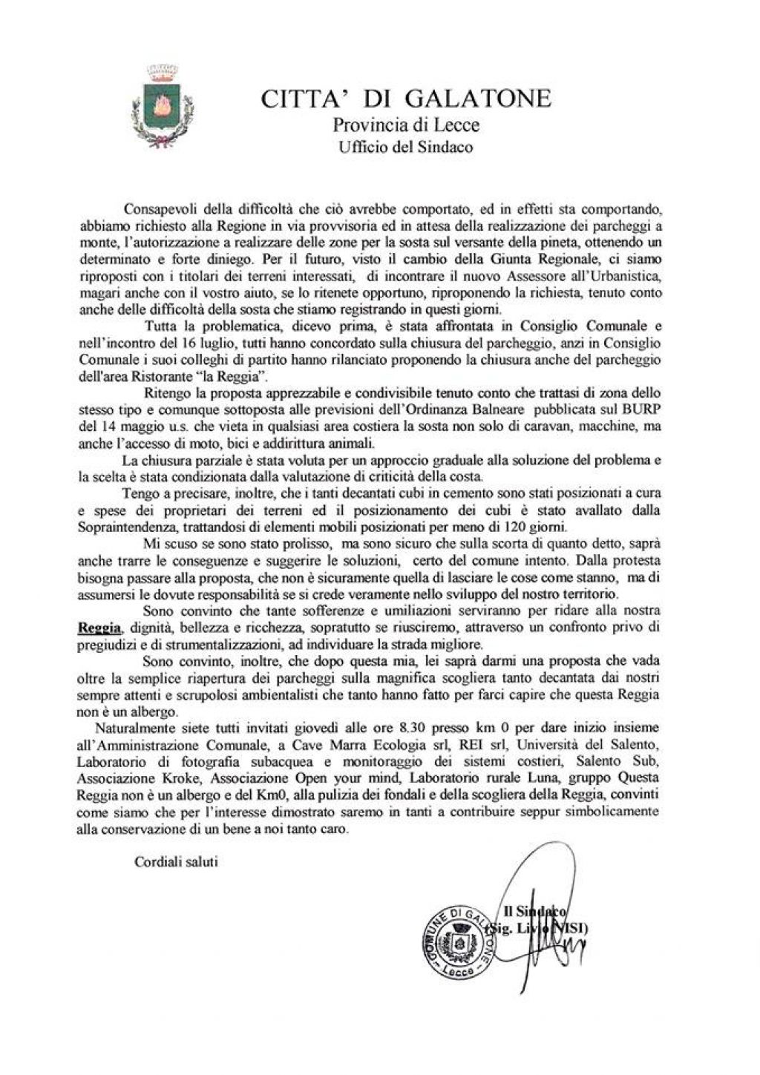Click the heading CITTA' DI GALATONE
coord(406,99)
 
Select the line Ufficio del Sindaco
coord(406,147)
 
